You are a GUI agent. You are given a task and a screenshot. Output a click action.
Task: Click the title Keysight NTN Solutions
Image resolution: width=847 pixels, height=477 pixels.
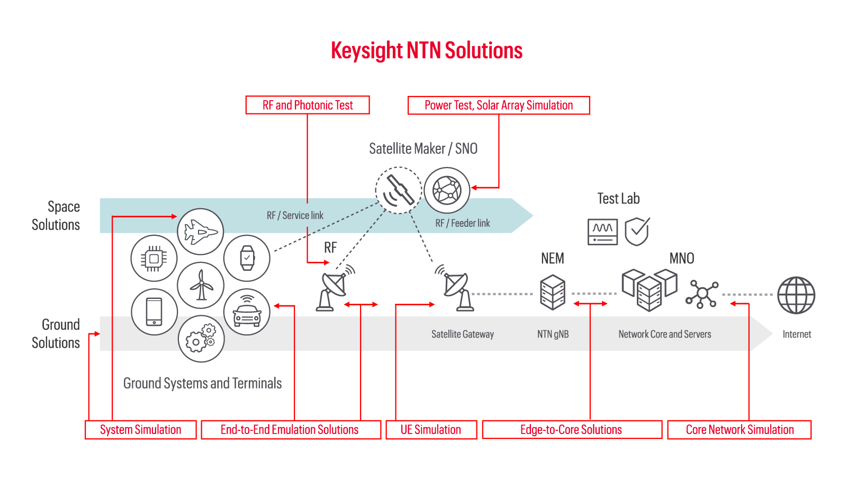coord(427,51)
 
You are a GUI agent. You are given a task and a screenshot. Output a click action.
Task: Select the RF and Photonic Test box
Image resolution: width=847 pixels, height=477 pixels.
coord(308,105)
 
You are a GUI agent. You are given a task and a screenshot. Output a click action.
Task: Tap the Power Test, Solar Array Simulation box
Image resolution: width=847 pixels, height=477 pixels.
coord(499,105)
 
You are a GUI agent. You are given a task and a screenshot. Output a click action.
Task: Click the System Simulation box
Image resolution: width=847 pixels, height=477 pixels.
coord(141,430)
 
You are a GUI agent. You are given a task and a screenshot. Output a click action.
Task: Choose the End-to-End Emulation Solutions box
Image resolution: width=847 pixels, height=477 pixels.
coord(290,430)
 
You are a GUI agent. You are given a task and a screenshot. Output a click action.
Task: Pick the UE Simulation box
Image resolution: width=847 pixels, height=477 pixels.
coord(431,430)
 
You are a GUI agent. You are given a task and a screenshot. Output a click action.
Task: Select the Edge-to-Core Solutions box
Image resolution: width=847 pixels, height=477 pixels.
coord(571,430)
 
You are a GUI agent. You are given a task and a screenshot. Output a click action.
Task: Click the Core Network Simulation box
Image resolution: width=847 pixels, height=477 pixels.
coord(740,430)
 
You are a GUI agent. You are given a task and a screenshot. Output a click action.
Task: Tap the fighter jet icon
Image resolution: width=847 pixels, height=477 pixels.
coord(201,232)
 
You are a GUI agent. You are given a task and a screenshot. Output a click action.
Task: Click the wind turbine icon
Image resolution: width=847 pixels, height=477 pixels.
coord(201,285)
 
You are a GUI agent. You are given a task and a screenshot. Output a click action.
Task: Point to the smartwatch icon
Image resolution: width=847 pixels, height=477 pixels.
coord(247,258)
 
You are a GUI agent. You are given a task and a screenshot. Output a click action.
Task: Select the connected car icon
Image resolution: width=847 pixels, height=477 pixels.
coord(247,312)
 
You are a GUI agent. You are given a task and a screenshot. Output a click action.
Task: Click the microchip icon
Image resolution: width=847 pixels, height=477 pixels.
coord(154,259)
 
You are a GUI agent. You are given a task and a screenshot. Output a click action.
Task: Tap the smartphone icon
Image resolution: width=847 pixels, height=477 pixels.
coord(154,312)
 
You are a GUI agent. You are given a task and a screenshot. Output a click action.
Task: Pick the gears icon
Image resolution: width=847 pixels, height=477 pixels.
coord(201,339)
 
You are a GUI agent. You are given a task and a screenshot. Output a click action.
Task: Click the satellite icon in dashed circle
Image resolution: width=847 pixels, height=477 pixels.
coord(399,190)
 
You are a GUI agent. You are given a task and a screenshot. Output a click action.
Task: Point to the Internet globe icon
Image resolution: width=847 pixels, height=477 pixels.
coord(796,295)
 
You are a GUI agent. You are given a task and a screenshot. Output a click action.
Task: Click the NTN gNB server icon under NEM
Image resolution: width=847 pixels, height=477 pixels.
coord(553,292)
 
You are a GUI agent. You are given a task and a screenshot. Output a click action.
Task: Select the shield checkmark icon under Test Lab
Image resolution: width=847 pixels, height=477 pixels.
coord(637,232)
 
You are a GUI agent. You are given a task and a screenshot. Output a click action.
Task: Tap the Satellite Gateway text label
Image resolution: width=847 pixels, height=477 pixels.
coord(462,334)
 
